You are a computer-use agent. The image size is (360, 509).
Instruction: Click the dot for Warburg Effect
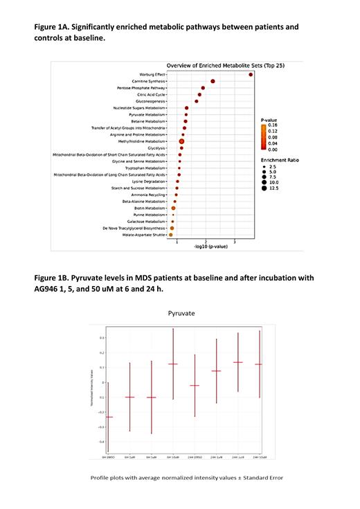coord(251,75)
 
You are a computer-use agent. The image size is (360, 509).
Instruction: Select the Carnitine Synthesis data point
coord(213,82)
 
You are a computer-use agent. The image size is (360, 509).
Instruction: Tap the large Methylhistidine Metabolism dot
coord(181,141)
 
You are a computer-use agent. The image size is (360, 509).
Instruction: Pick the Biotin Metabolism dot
coord(173,208)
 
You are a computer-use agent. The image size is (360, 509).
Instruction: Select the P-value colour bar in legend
coord(264,137)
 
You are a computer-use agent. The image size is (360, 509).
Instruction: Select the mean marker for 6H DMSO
coord(108,417)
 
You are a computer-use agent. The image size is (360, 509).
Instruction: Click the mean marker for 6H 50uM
coord(173,364)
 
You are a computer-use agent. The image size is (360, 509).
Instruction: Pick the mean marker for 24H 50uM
coord(260,364)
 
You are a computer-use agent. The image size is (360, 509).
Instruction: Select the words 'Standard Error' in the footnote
coord(264,478)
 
